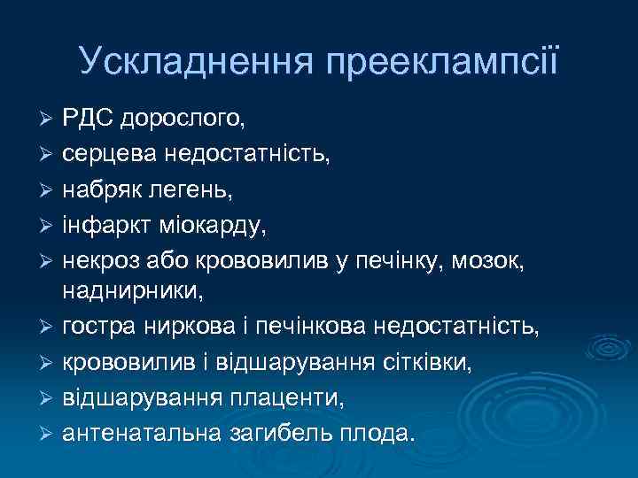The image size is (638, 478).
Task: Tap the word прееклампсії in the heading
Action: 443,61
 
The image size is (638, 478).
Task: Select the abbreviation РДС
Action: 87,118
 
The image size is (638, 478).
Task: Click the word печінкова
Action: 335,328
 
